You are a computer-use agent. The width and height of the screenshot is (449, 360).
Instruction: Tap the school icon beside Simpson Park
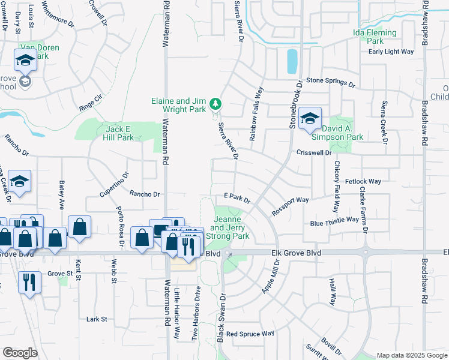tap(310, 118)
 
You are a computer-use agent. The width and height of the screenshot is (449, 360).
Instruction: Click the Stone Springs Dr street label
tap(331, 80)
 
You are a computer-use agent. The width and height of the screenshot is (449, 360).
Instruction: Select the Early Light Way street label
tap(391, 52)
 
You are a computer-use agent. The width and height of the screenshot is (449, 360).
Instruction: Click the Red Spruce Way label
tap(250, 333)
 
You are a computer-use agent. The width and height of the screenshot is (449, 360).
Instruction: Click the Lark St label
tap(96, 319)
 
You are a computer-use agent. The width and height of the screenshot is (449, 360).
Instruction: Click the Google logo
tap(20, 352)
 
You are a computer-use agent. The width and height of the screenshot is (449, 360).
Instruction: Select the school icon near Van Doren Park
tap(25, 60)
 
